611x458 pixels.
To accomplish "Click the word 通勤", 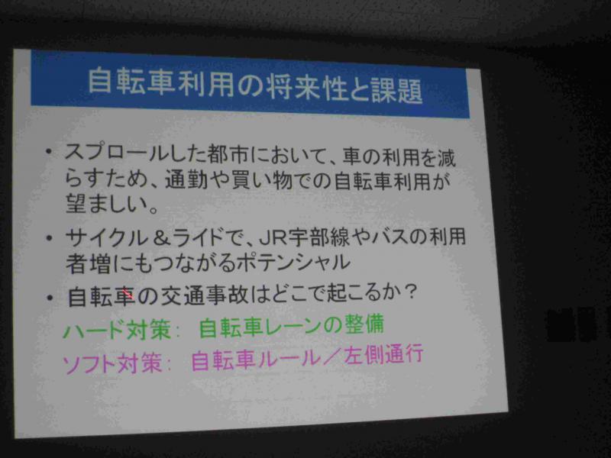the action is pos(186,179).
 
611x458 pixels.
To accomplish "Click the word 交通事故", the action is pos(204,295).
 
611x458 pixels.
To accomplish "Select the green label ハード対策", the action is pos(117,331).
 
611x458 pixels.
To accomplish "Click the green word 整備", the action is pos(364,324).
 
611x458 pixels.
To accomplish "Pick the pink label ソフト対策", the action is pos(112,363).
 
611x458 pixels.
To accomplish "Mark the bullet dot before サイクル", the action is pos(49,237).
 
